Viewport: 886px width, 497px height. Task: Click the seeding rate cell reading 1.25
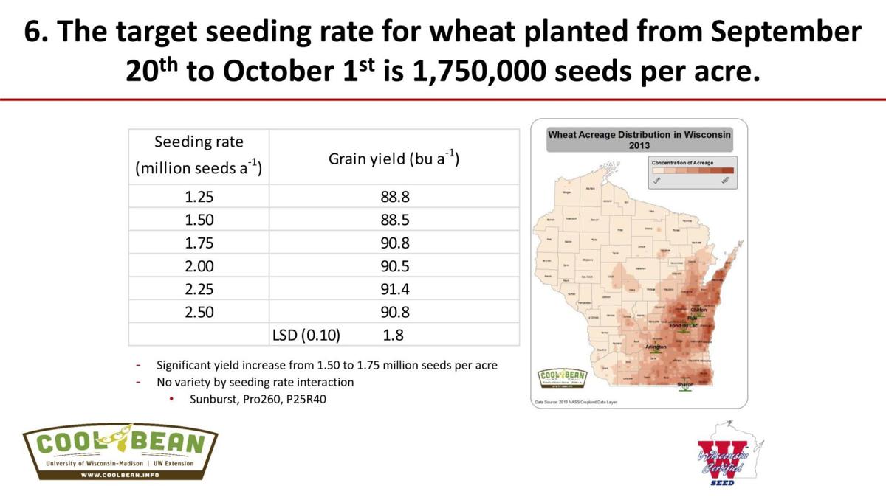pos(199,197)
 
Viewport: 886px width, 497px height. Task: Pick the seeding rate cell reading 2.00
pos(199,265)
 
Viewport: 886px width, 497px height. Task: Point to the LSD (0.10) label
pos(311,335)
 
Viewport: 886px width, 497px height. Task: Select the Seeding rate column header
pos(199,155)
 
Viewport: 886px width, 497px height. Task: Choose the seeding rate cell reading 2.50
pos(199,312)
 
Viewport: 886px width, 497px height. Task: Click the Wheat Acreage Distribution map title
pos(639,139)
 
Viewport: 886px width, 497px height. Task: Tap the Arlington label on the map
pos(656,347)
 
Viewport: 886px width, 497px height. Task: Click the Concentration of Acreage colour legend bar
pos(692,170)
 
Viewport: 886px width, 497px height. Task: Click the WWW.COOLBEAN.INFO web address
pos(120,475)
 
